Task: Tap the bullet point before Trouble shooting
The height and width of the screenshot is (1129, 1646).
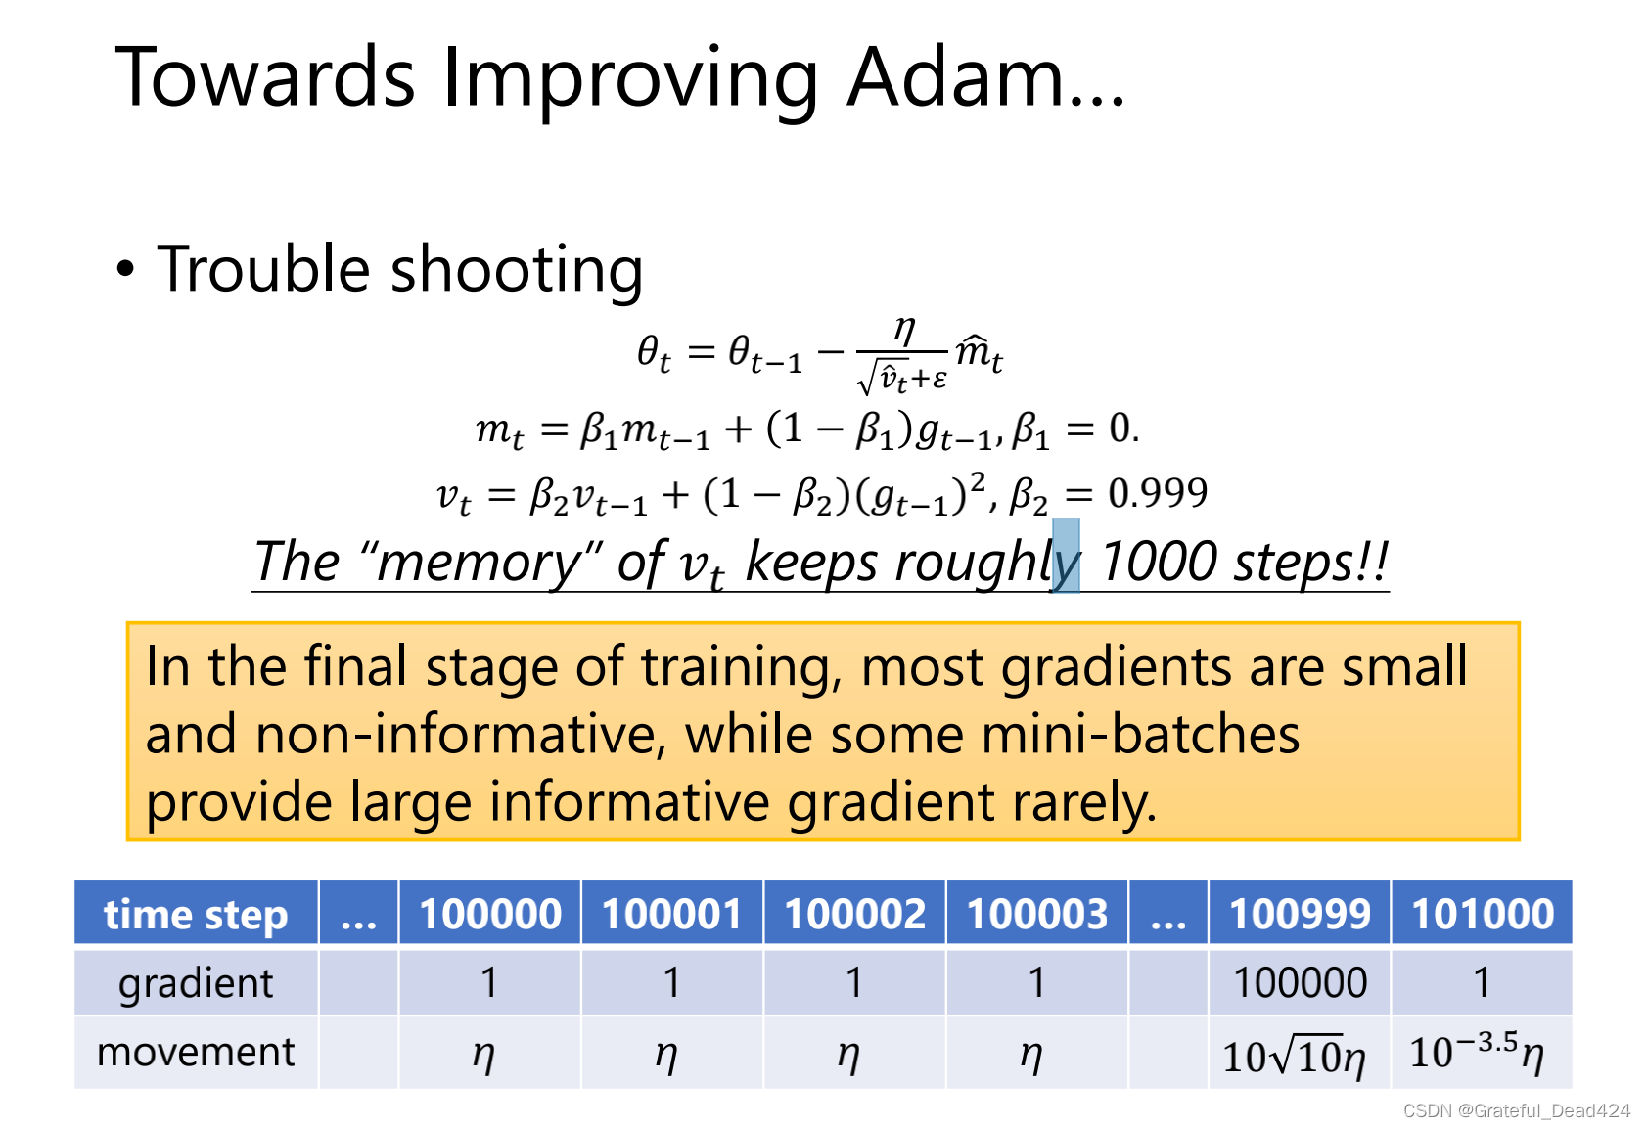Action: tap(125, 268)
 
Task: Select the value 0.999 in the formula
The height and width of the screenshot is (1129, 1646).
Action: tap(1158, 493)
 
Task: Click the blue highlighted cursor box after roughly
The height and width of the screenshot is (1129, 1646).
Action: tap(1066, 556)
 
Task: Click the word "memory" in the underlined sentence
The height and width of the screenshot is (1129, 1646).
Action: tap(480, 563)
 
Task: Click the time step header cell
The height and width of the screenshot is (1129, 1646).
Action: tap(196, 914)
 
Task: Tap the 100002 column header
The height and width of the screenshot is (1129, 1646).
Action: tap(854, 914)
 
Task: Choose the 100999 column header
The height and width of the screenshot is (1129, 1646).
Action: tap(1300, 914)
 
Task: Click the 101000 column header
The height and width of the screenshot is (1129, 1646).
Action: tap(1482, 914)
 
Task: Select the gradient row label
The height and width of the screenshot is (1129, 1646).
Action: tap(196, 982)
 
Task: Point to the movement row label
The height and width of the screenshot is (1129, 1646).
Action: tap(196, 1052)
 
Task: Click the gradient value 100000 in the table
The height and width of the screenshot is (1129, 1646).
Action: tap(1300, 982)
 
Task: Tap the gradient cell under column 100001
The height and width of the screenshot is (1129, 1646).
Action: tap(671, 982)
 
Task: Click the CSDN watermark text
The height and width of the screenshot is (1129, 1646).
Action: tap(1516, 1110)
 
